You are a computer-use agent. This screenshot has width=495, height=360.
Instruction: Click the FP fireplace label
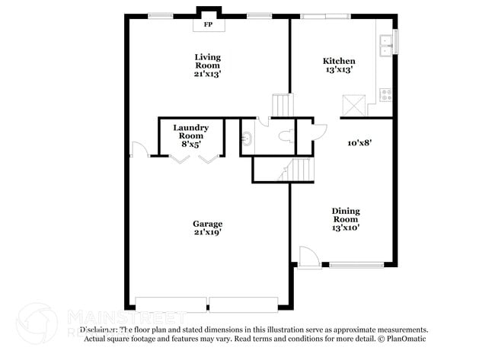coord(208,24)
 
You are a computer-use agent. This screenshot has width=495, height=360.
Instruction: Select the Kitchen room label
coord(339,61)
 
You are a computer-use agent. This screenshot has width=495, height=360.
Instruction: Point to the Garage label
coord(207,223)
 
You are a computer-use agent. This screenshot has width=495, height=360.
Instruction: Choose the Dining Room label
coord(346,215)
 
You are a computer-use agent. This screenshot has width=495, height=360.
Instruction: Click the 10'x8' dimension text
coord(359,142)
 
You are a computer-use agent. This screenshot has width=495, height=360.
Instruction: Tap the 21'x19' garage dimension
coord(207,233)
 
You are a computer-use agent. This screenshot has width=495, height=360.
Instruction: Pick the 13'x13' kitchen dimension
coord(339,70)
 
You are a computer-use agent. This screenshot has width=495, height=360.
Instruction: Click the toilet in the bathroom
coord(285,137)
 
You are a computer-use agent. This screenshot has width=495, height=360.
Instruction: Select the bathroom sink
coord(247,138)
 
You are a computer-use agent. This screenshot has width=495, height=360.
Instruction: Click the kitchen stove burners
coord(386,95)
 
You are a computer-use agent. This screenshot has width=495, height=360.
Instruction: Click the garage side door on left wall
coord(138,150)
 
